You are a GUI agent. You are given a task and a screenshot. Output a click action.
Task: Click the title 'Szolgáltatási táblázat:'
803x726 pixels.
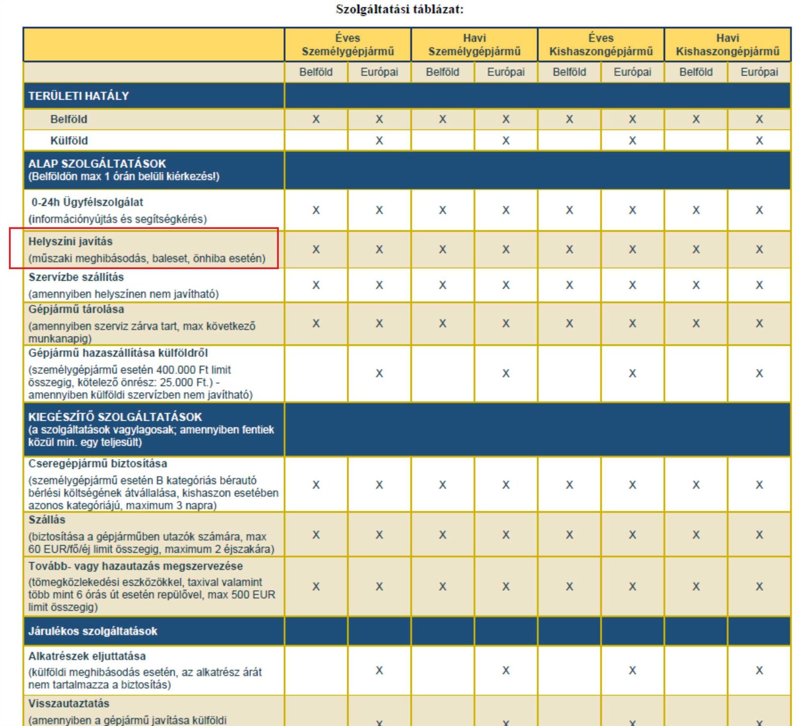[x=399, y=10]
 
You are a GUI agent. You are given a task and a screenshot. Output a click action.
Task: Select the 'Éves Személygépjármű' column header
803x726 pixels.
[x=347, y=45]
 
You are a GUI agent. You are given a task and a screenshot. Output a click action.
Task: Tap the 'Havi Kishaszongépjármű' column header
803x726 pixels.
[x=727, y=45]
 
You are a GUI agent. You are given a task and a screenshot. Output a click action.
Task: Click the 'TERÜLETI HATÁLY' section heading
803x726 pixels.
[x=79, y=96]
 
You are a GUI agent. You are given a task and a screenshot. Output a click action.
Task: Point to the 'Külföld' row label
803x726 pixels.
[x=69, y=141]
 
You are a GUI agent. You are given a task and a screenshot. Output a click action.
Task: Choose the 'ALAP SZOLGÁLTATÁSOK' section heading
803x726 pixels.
[x=97, y=164]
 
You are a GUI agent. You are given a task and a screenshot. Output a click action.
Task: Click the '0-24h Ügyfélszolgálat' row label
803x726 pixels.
[x=87, y=202]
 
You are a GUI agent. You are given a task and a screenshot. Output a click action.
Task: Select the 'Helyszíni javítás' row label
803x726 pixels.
[x=70, y=242]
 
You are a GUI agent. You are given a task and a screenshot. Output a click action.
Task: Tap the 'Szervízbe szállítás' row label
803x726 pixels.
[x=76, y=277]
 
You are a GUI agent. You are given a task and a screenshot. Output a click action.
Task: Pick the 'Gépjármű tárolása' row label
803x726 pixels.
[x=76, y=309]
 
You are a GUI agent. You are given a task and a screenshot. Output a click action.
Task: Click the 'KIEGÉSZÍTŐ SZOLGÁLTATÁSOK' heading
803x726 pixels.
[x=115, y=417]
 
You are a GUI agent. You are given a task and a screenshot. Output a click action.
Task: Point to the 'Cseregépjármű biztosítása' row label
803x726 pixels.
[x=98, y=464]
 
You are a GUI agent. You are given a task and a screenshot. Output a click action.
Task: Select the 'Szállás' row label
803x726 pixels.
[x=47, y=520]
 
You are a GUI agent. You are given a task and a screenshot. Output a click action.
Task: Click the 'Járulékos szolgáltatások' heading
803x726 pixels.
[x=93, y=631]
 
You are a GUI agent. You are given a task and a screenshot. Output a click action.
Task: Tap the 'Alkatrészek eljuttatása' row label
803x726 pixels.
[x=87, y=656]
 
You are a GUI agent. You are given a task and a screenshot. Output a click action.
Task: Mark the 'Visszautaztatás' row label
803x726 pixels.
[x=69, y=703]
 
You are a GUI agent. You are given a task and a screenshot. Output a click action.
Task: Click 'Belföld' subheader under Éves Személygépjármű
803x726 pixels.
[x=316, y=72]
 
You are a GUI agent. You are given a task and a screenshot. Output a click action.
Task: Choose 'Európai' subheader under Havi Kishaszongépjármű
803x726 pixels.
[x=759, y=72]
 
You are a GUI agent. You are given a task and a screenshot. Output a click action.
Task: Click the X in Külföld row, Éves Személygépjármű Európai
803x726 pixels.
[x=379, y=141]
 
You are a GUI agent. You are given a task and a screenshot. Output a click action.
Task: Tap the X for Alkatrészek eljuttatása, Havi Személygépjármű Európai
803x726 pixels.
[x=506, y=670]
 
